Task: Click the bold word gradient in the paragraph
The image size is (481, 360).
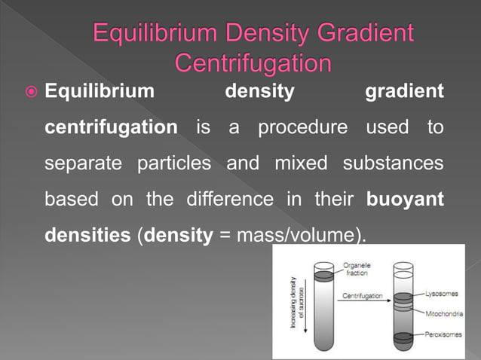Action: click(x=404, y=92)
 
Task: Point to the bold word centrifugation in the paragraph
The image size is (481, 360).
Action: click(x=111, y=127)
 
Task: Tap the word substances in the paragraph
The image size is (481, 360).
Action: click(x=393, y=163)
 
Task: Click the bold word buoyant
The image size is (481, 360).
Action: click(x=404, y=199)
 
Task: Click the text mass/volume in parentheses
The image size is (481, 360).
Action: click(x=299, y=235)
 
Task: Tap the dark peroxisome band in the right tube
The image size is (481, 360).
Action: click(x=403, y=336)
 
